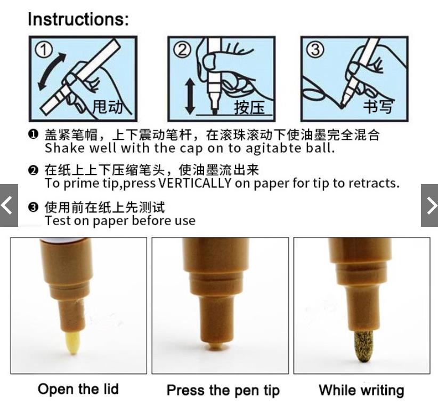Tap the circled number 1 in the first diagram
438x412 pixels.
tap(43, 50)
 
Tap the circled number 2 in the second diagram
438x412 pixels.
tap(182, 50)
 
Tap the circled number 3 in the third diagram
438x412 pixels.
tap(315, 50)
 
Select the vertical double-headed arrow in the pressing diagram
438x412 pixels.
tap(190, 96)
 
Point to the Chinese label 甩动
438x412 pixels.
tap(107, 107)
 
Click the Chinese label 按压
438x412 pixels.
tap(249, 107)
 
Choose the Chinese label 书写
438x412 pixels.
tap(378, 106)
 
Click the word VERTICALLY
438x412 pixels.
tap(194, 183)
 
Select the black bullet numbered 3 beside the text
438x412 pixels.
tap(33, 207)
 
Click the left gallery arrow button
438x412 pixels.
tap(9, 205)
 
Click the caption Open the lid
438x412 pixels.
tap(78, 389)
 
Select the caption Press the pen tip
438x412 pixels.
tap(223, 391)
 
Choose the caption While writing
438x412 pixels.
tap(361, 390)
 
